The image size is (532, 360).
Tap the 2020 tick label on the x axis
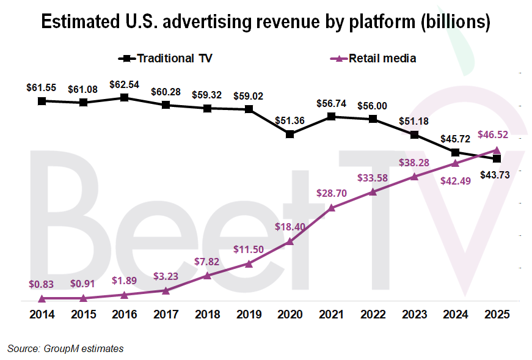(x=290, y=315)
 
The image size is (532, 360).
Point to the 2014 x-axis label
(x=42, y=315)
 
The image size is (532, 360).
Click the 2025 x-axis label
(x=497, y=315)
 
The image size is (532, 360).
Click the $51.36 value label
(x=290, y=120)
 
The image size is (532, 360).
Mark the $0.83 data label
(x=42, y=284)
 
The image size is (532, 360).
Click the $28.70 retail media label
(x=331, y=193)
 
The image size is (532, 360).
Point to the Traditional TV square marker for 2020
(x=290, y=134)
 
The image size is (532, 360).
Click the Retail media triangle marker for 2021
(x=332, y=208)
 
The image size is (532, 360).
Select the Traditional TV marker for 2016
(x=124, y=98)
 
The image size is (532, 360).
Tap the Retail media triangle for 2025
(x=497, y=150)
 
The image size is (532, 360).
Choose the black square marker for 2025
(x=497, y=159)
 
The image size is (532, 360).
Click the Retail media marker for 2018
(x=207, y=275)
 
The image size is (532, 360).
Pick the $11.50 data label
(x=249, y=249)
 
